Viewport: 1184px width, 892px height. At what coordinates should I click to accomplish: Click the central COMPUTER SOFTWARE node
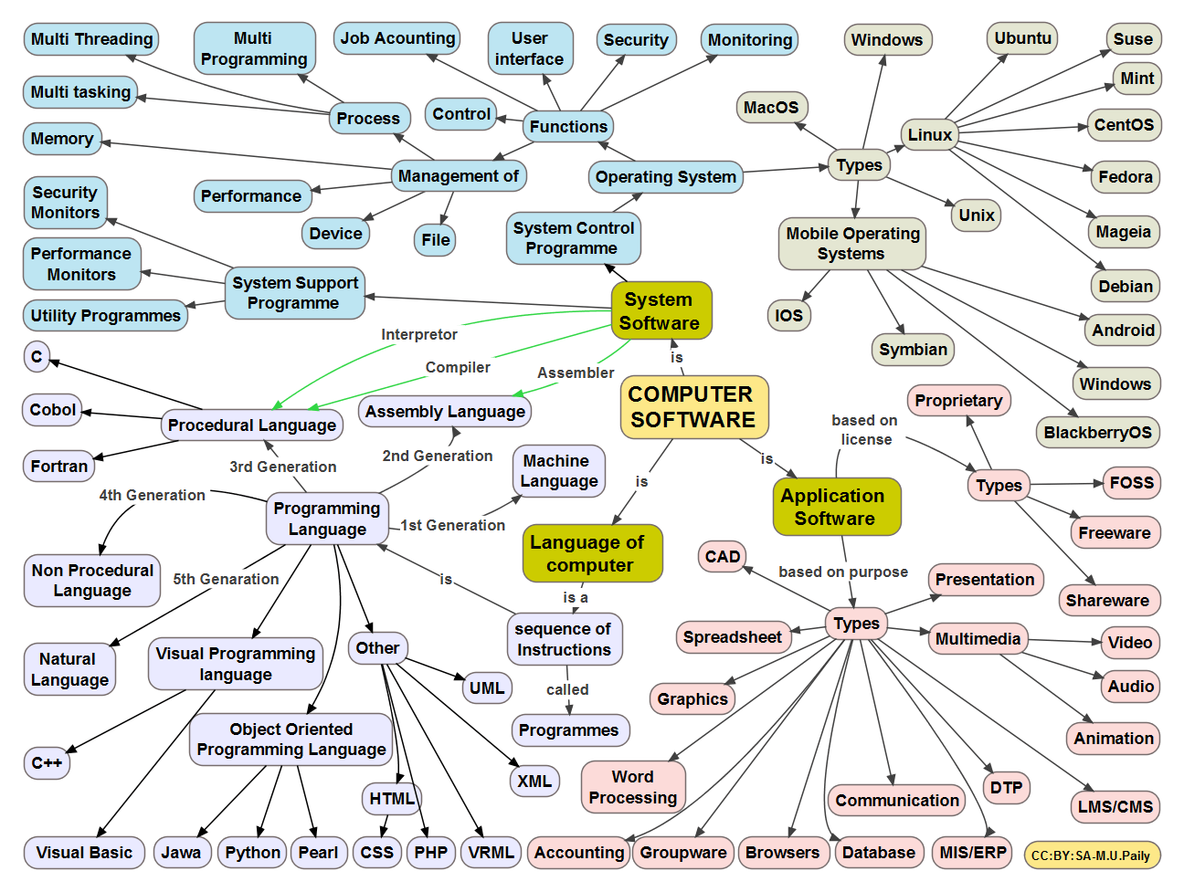tap(693, 407)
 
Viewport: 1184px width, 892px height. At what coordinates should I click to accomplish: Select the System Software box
tap(661, 311)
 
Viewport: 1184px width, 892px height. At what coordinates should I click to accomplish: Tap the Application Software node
tap(835, 508)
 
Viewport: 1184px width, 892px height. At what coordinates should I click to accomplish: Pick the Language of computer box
tap(590, 553)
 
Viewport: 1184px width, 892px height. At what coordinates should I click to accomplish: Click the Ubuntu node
tap(1022, 38)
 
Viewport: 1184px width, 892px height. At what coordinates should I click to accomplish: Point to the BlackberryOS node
tap(1097, 433)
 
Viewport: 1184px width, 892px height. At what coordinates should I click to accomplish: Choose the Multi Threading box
tap(91, 39)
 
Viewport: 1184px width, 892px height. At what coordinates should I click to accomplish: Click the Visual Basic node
tap(84, 853)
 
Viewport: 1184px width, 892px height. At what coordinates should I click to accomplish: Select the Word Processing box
tap(633, 787)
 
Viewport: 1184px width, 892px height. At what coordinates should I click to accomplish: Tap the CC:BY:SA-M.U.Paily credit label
tap(1091, 855)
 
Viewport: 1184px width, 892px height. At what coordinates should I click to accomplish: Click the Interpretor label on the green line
tap(419, 335)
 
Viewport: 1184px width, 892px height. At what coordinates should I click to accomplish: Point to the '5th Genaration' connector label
tap(226, 579)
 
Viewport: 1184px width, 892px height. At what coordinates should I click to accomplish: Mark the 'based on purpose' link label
tap(842, 572)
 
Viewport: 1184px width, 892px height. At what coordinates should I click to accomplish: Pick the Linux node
tap(929, 135)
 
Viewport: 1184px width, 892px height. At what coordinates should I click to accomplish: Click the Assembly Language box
tap(445, 412)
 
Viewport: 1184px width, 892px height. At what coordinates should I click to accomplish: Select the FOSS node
tap(1131, 483)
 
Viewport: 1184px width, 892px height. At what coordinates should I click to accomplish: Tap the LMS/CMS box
tap(1115, 807)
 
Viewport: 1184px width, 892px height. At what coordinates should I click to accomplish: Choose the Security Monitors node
tap(65, 203)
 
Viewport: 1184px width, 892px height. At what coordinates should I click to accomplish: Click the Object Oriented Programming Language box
tap(291, 740)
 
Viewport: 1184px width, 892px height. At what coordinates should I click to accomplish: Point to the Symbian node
tap(913, 350)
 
